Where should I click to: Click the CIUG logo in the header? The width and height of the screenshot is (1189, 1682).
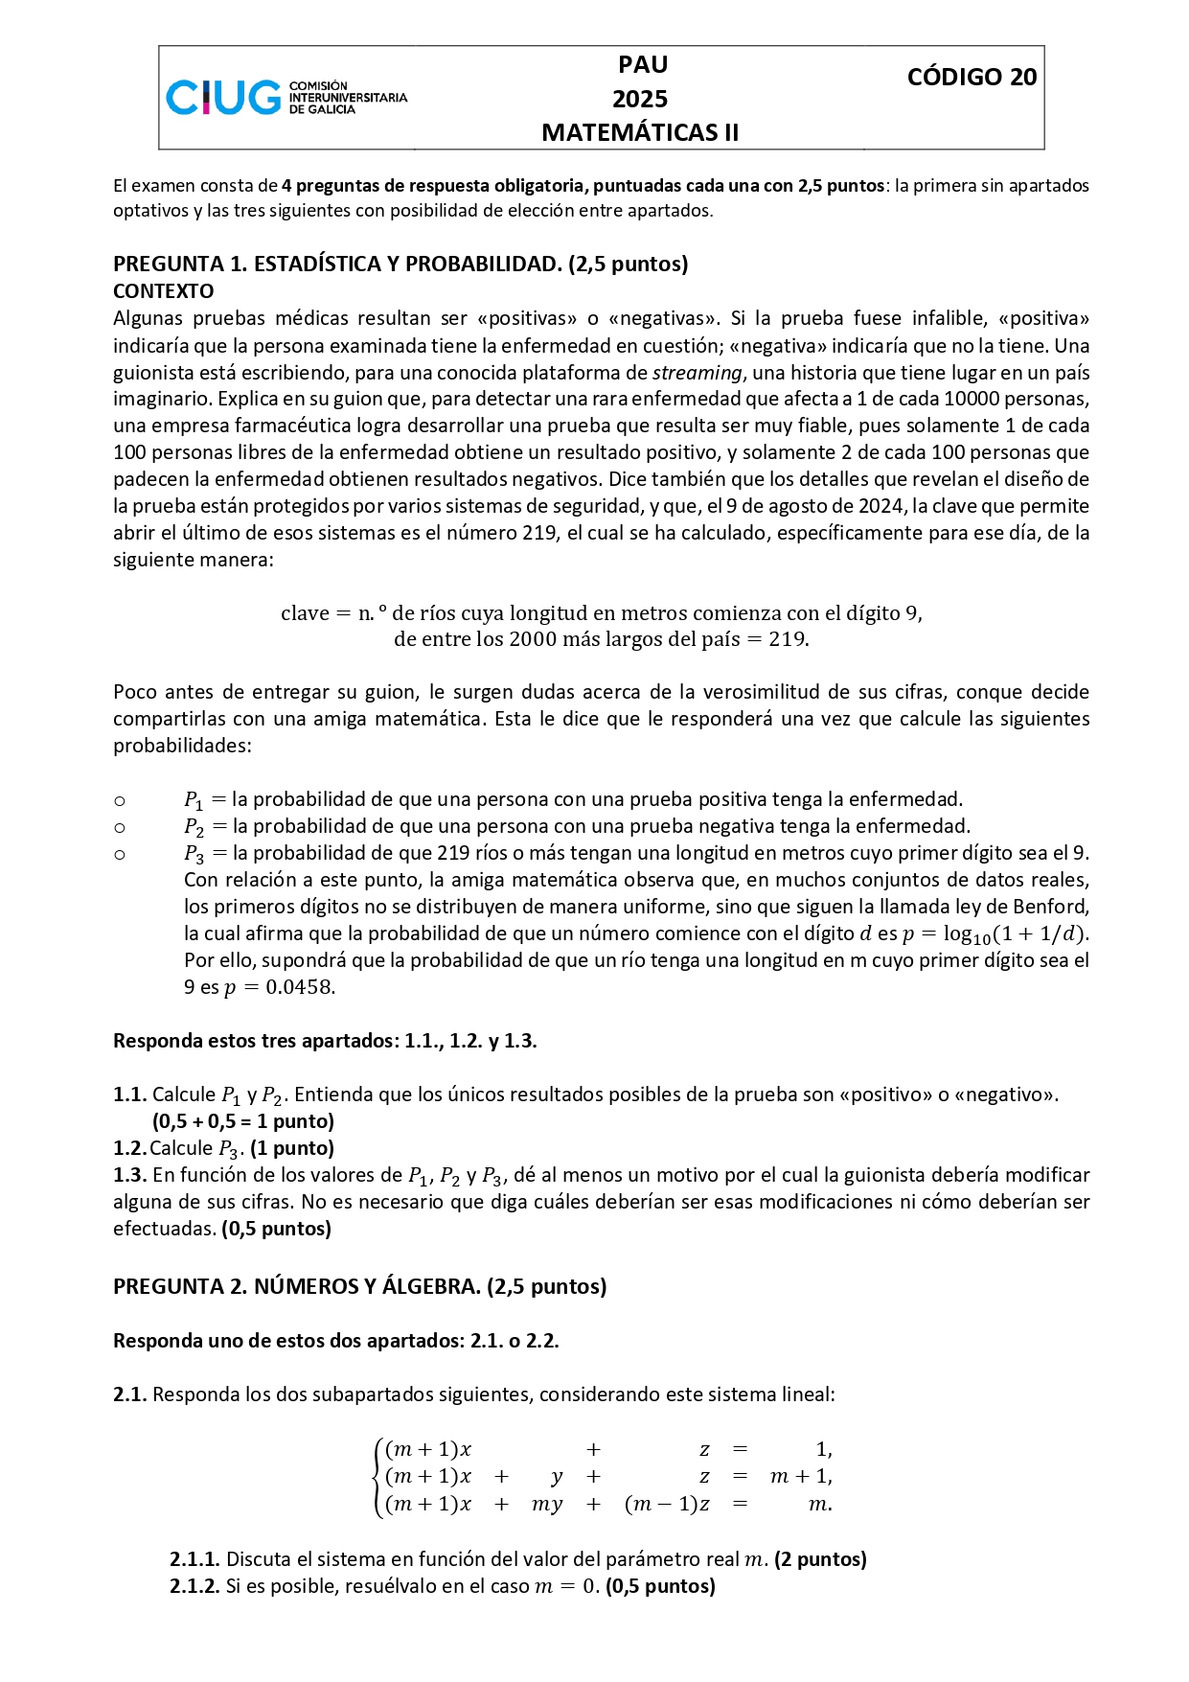(286, 98)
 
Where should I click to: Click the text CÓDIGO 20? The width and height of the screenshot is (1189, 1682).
(972, 78)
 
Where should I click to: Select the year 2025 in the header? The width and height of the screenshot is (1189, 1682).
(640, 99)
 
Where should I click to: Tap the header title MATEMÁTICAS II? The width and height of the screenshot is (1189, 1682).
(640, 133)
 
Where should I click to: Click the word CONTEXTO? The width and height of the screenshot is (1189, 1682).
(164, 291)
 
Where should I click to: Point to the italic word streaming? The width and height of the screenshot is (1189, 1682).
(697, 372)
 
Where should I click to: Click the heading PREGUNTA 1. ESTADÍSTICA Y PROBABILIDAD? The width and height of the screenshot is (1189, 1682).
(400, 265)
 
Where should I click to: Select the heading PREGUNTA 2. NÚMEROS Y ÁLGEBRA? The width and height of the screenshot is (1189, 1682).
(359, 1286)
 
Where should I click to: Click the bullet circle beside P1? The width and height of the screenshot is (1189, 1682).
(120, 800)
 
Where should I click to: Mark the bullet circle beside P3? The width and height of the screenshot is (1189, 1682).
(120, 854)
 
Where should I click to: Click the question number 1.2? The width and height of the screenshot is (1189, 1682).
(129, 1148)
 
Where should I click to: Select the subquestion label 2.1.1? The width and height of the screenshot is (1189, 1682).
(195, 1559)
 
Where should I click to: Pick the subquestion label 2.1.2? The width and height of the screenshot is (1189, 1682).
(195, 1586)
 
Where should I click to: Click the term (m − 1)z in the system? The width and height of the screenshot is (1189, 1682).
(667, 1504)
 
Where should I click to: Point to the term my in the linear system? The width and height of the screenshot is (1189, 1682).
(547, 1504)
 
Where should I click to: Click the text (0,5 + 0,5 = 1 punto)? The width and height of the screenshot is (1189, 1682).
(243, 1121)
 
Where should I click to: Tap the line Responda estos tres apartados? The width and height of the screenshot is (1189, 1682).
(325, 1041)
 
